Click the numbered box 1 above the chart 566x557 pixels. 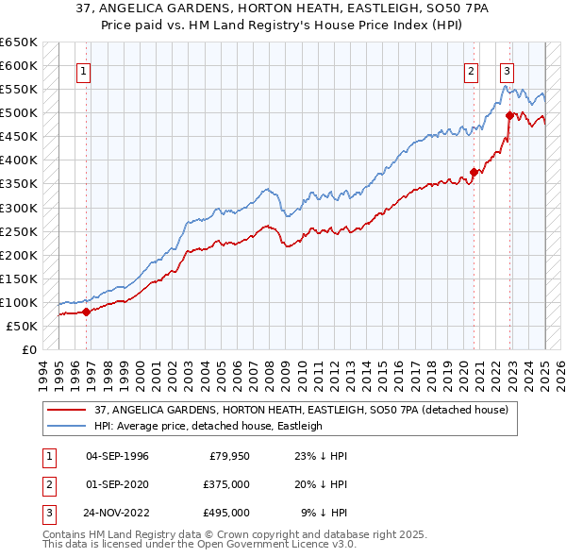click(x=84, y=70)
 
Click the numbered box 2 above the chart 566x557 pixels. click(x=471, y=70)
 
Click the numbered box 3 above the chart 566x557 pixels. click(x=507, y=70)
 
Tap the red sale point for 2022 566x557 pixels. click(x=509, y=115)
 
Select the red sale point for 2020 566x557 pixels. click(x=474, y=172)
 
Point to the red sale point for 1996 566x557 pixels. click(x=86, y=311)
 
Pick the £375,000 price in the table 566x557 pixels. click(x=227, y=484)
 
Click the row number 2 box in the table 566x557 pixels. click(x=46, y=484)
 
